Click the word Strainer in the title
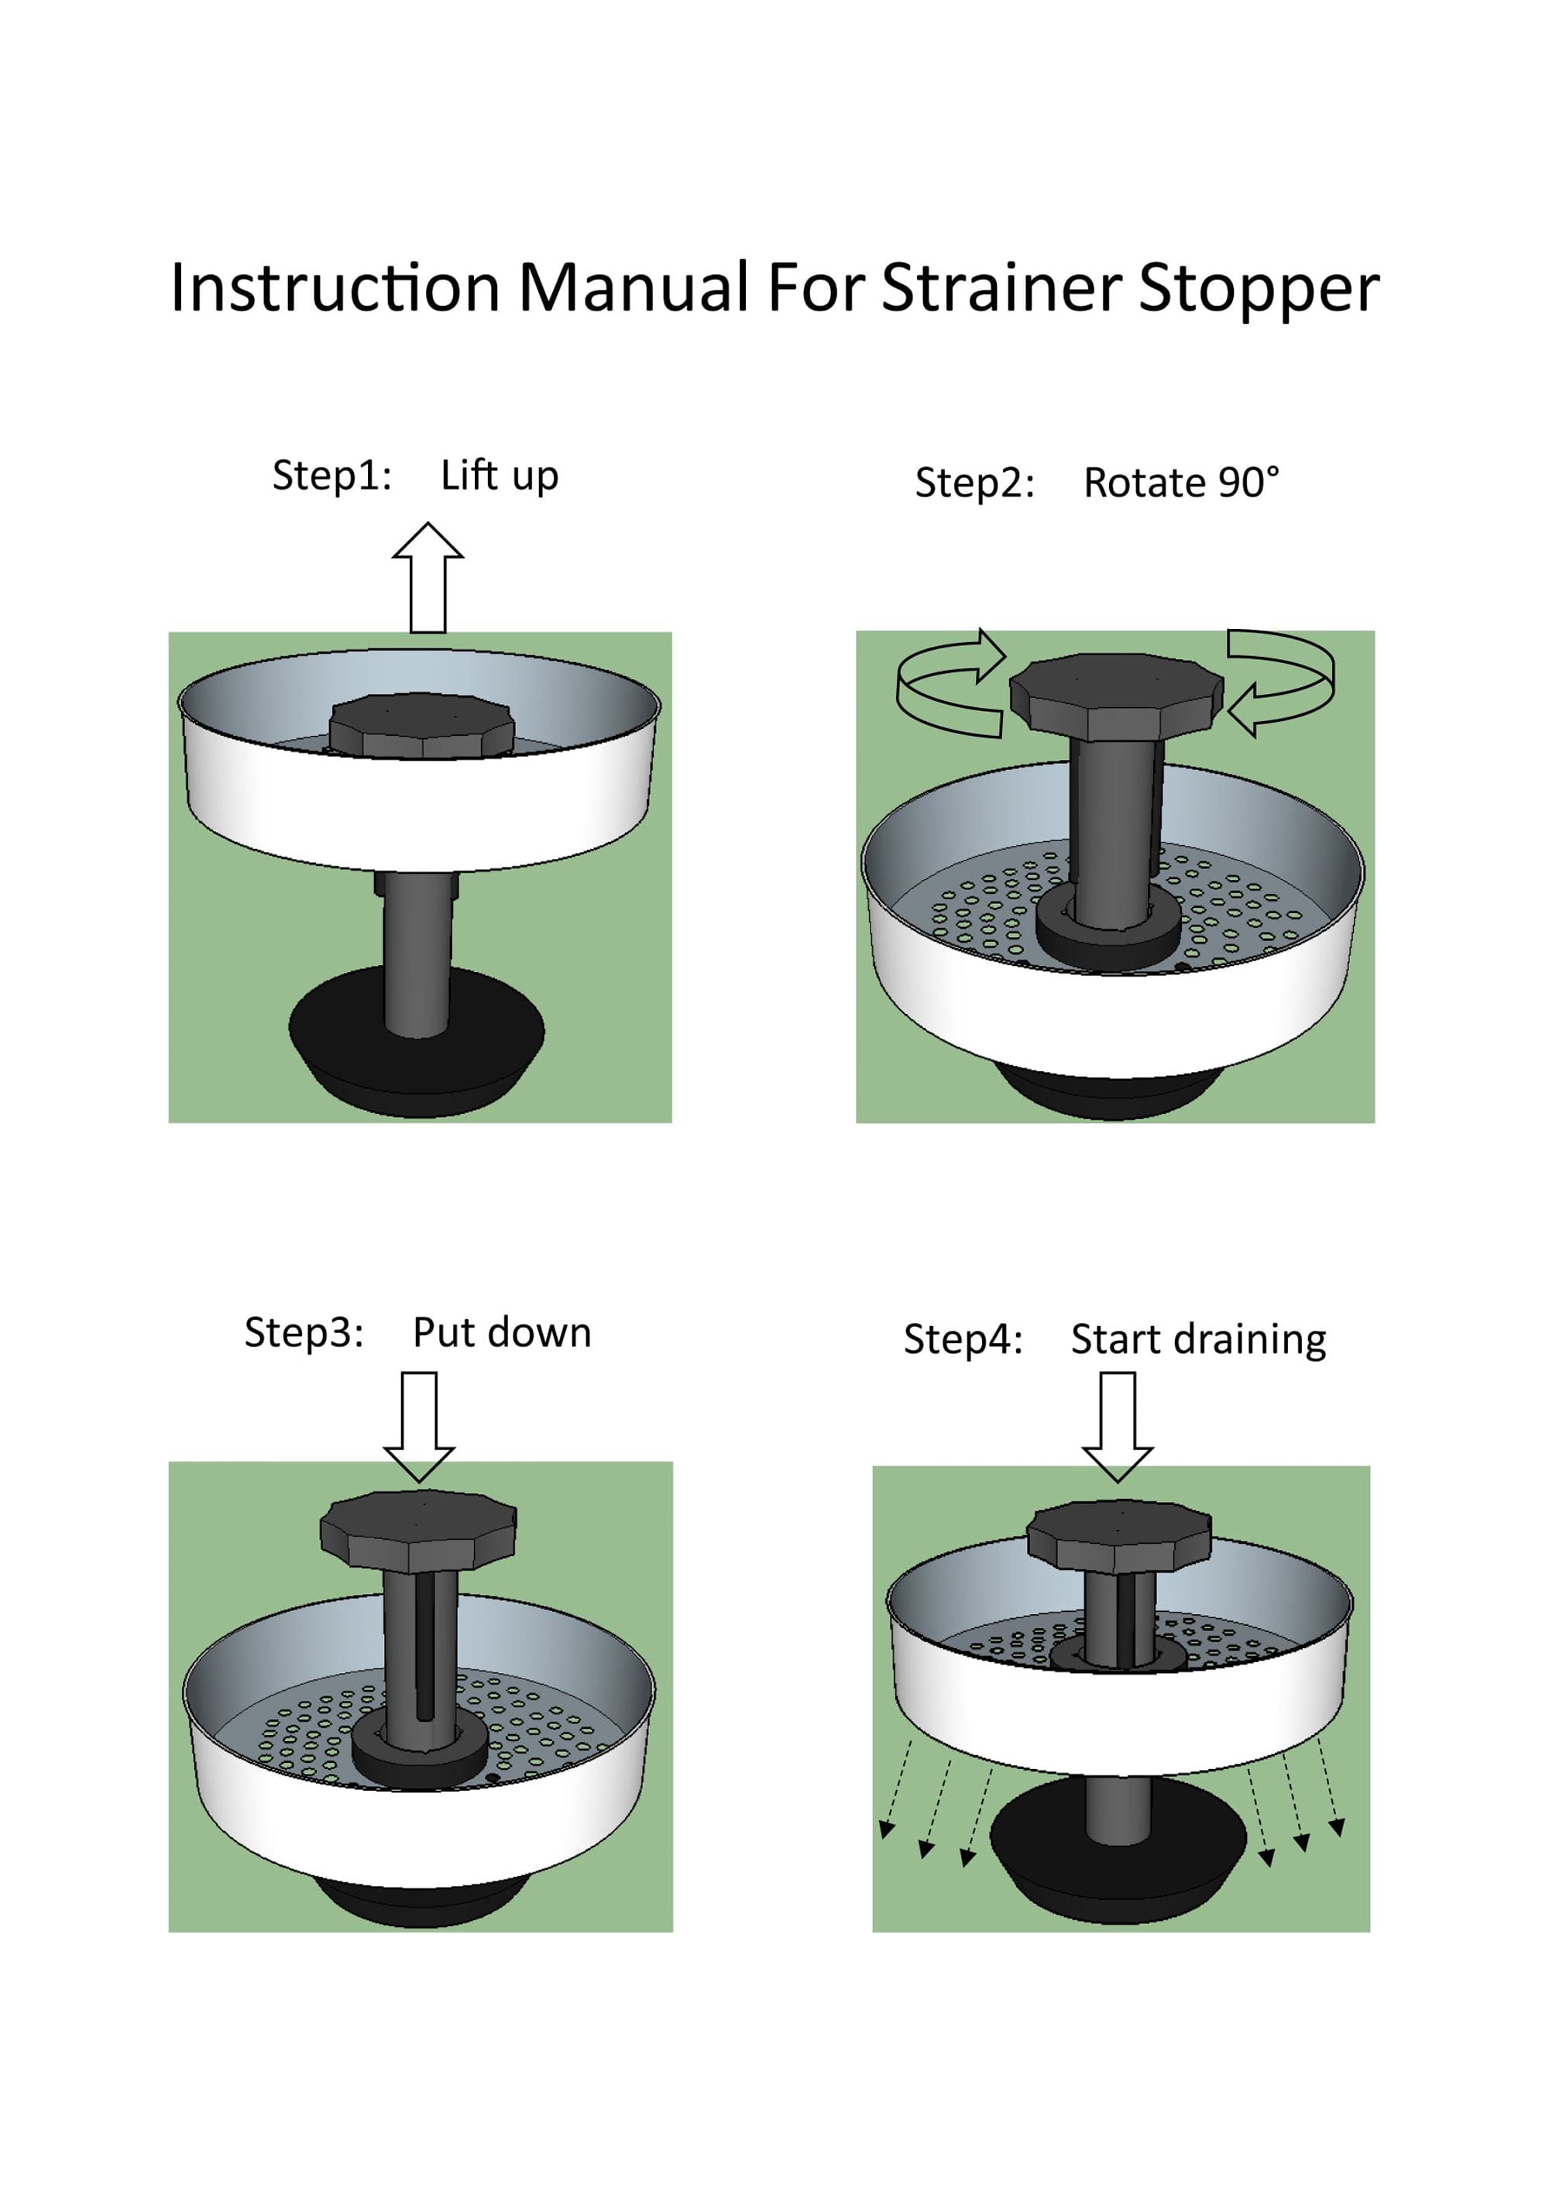coord(1001,287)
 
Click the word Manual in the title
coord(633,287)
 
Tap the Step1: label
coord(332,476)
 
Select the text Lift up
coord(499,476)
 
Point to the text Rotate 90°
coord(1182,483)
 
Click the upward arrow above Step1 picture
coord(428,578)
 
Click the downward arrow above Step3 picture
coord(419,1428)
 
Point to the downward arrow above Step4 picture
coord(1118,1428)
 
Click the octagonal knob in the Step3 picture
coord(418,1531)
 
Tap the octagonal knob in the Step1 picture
coord(421,726)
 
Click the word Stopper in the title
coord(1260,287)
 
